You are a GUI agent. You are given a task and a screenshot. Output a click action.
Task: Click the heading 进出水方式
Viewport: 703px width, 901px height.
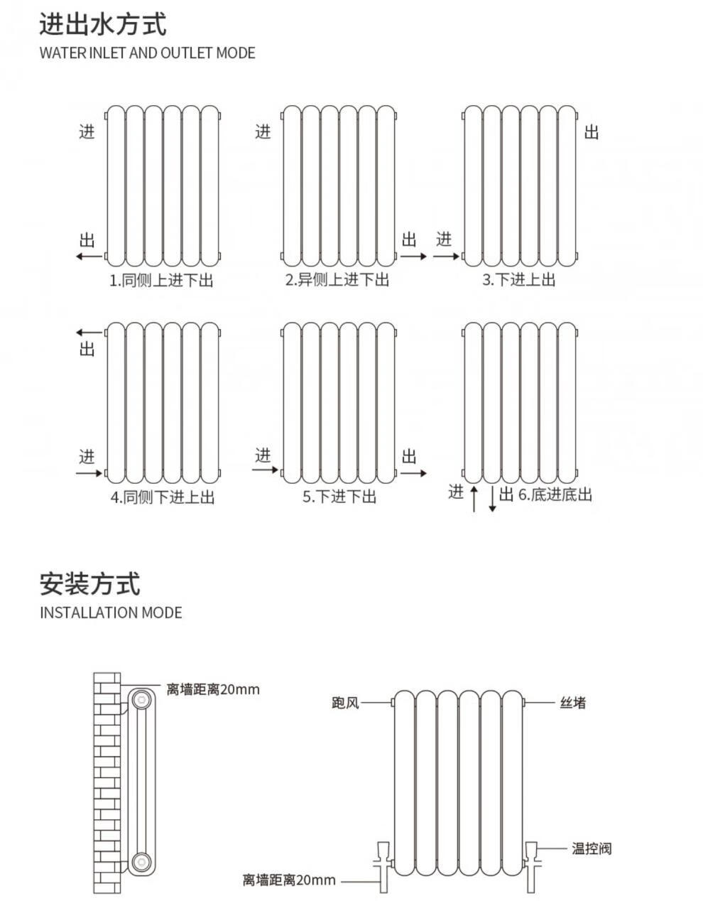coord(103,24)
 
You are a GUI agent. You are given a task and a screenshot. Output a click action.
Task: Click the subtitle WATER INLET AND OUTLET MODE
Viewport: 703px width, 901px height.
coord(147,53)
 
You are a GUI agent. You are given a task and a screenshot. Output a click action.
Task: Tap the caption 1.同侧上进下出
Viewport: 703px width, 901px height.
coord(161,280)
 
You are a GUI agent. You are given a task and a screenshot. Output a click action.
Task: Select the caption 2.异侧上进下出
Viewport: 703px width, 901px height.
coord(337,280)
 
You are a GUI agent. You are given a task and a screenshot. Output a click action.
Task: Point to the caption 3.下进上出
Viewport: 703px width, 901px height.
coord(518,280)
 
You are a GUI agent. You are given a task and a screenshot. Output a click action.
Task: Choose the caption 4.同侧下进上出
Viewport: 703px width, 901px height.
coord(162,497)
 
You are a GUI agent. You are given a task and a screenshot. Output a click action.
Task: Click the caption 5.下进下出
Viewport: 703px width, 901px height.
coord(339,496)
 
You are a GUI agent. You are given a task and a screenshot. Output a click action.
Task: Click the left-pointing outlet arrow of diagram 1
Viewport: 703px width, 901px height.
coord(89,256)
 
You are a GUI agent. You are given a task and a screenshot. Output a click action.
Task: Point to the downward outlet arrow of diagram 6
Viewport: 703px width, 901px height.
coord(492,499)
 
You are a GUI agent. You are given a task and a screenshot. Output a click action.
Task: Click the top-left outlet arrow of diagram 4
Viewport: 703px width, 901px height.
coord(89,332)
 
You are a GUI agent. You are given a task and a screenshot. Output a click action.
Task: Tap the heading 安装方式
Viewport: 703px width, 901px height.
coord(90,584)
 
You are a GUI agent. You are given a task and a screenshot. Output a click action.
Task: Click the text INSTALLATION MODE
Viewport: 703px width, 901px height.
coord(111,613)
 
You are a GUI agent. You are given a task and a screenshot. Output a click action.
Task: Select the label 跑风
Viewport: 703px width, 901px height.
coord(345,703)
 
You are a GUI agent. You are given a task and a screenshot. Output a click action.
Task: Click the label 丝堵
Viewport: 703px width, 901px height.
coord(573,703)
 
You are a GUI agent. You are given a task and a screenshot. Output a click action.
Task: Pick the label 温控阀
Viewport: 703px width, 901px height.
coord(592,848)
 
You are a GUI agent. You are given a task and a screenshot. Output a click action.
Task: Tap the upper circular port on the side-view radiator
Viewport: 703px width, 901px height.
coord(141,698)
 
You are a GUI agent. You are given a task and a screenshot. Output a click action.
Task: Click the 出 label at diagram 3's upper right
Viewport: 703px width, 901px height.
coord(592,132)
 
